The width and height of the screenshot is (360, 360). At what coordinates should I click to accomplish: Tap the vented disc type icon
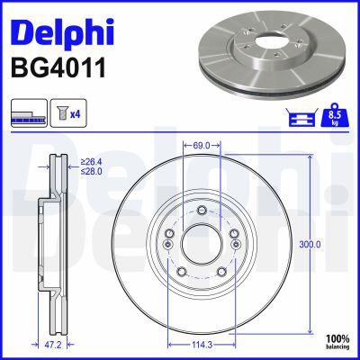[x=28, y=114]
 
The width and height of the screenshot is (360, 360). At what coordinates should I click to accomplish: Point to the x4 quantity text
[x=76, y=114]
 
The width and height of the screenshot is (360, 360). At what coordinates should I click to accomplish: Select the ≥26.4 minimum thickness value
[x=89, y=162]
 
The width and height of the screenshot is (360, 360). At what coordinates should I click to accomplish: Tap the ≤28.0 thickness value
[x=89, y=172]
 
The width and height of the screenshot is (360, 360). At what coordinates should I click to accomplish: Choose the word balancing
[x=337, y=345]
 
